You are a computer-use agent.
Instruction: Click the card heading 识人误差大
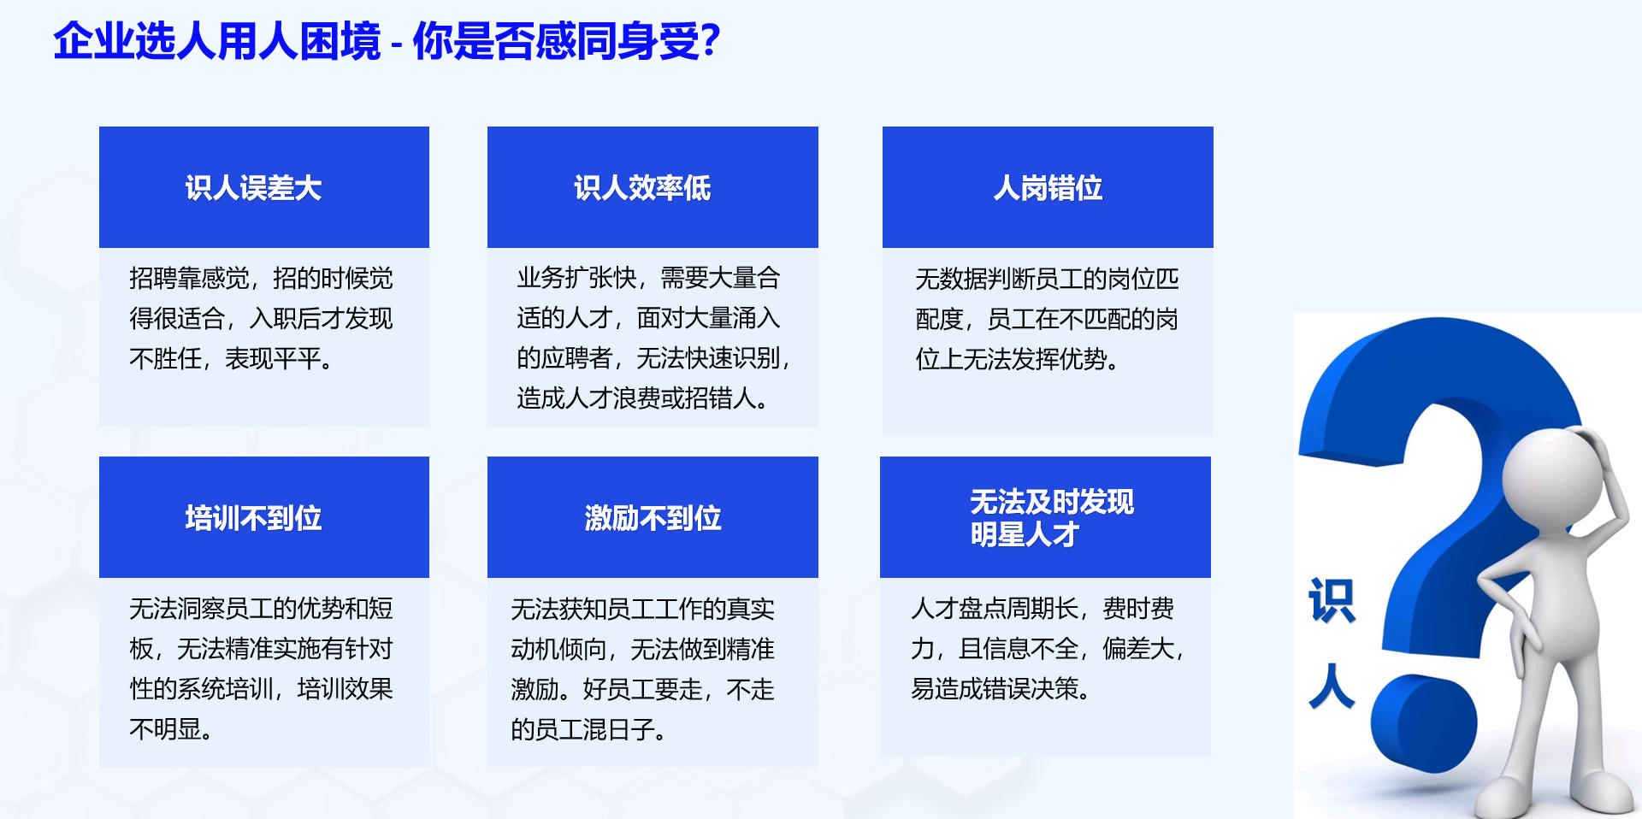click(x=253, y=188)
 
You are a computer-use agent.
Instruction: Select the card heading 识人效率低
click(x=642, y=188)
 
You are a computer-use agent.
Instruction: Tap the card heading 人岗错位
click(x=1048, y=188)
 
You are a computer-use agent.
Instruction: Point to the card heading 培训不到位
click(x=253, y=518)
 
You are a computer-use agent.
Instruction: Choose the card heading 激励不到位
click(x=653, y=518)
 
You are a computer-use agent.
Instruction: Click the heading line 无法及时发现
click(x=1052, y=502)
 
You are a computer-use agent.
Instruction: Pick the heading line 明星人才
click(x=1025, y=535)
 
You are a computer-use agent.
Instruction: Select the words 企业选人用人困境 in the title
click(x=217, y=41)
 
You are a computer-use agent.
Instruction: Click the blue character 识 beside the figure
click(x=1332, y=600)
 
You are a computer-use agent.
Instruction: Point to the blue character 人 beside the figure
click(x=1332, y=686)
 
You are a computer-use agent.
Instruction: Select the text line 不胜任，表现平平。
click(x=231, y=359)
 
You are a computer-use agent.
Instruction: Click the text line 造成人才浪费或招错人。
click(x=642, y=398)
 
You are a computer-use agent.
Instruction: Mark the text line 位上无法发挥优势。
click(x=1017, y=359)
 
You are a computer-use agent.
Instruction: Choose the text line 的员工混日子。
click(x=588, y=729)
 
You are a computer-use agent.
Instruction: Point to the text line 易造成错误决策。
click(x=1000, y=688)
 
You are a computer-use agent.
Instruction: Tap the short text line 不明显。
click(x=170, y=729)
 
